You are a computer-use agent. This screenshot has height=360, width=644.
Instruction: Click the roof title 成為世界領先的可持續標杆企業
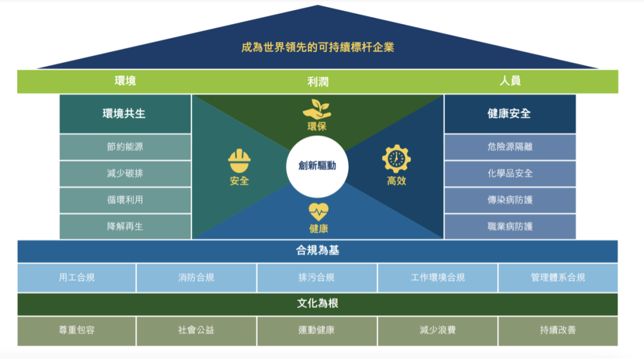[x=318, y=47]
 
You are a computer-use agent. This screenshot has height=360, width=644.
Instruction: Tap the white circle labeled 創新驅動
[x=317, y=166]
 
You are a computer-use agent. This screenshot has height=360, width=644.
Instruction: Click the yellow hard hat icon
[x=239, y=160]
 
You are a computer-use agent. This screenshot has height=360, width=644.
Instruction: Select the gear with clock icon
[x=396, y=159]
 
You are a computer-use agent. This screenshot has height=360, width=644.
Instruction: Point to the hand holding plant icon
[x=317, y=109]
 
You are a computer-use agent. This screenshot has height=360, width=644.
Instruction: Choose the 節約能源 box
[x=125, y=147]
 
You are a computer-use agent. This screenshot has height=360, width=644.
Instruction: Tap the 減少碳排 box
[x=125, y=173]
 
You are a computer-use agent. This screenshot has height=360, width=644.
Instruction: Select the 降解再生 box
[x=125, y=226]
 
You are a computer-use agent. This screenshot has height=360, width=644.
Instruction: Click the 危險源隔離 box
[x=510, y=147]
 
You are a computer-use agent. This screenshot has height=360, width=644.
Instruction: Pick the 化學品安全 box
[x=510, y=173]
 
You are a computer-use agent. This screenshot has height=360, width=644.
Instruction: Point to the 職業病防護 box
[x=510, y=226]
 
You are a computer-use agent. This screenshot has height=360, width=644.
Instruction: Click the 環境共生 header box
[x=125, y=113]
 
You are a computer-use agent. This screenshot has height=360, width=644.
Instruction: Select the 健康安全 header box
[x=510, y=113]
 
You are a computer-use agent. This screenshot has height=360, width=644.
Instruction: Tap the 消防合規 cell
[x=196, y=277]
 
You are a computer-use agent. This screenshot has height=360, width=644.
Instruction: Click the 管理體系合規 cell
[x=558, y=277]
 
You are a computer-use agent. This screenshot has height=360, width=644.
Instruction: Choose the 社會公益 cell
[x=196, y=330]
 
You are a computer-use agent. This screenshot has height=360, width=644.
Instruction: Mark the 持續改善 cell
[x=558, y=330]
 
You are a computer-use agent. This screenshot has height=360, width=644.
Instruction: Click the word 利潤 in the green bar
[x=318, y=82]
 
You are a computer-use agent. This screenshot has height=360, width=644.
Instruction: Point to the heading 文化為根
[x=318, y=304]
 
